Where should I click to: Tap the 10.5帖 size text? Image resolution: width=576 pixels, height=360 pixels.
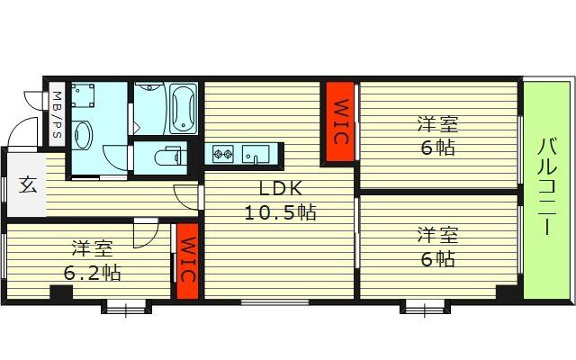[280, 213]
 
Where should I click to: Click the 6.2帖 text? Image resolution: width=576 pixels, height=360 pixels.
[93, 270]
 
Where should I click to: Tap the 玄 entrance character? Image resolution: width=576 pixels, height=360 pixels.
[28, 186]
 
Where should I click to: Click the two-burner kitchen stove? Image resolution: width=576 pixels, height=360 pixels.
[223, 155]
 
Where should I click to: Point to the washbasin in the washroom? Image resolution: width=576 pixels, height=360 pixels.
[83, 136]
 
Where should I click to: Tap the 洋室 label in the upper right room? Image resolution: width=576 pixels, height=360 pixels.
[437, 124]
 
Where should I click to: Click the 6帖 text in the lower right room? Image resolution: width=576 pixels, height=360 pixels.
[437, 259]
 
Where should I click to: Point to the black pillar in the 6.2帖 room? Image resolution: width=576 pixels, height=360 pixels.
[61, 292]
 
